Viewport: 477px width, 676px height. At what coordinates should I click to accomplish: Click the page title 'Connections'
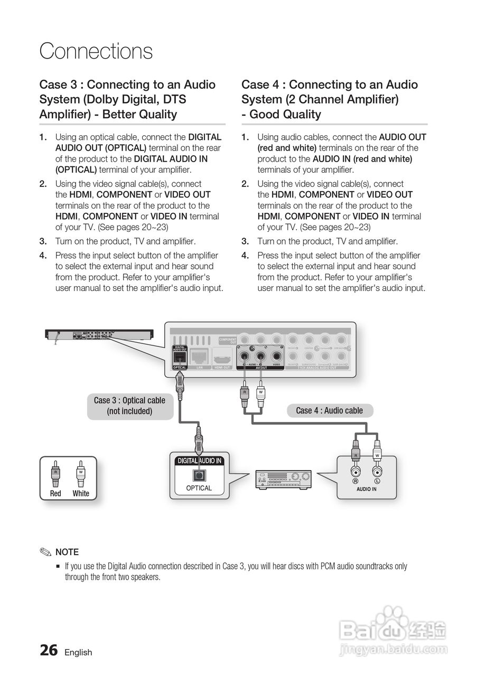(x=96, y=51)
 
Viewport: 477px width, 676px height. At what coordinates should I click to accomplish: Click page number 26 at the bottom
(x=49, y=651)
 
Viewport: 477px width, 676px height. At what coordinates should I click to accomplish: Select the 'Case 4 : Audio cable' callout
(x=329, y=410)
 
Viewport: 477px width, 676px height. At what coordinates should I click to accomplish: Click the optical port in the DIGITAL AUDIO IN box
(x=199, y=474)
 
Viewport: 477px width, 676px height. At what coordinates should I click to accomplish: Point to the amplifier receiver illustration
(x=283, y=479)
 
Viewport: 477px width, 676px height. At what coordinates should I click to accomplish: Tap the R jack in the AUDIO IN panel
(x=357, y=472)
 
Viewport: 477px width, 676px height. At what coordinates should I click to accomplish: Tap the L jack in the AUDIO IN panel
(x=377, y=472)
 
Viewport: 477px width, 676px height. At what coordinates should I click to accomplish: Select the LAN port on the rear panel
(x=200, y=356)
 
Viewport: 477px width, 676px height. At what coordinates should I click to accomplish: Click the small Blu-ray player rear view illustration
(x=99, y=334)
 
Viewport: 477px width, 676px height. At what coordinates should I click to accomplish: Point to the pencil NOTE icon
(x=45, y=552)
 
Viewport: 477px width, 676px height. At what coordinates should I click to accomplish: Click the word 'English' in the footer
(x=78, y=652)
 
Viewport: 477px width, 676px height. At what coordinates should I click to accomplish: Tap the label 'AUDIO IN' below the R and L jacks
(x=367, y=489)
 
